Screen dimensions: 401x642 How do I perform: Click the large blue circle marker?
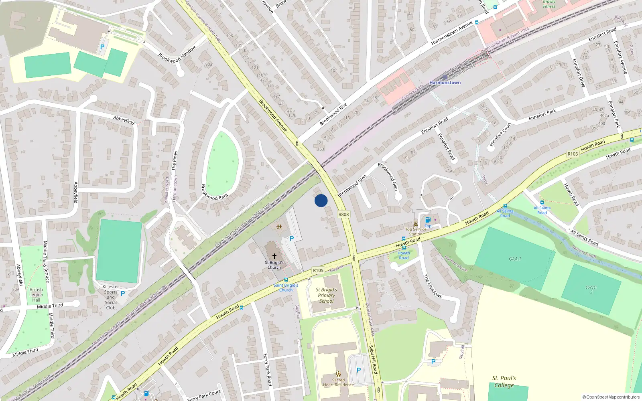[321, 200]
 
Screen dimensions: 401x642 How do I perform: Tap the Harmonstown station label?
[445, 83]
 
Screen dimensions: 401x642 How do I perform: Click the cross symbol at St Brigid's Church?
[274, 256]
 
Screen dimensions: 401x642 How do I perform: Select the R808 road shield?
[343, 214]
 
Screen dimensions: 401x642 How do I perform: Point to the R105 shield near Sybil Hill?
[318, 270]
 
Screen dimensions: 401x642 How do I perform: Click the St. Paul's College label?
[504, 382]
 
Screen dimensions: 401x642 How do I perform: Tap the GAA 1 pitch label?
[515, 259]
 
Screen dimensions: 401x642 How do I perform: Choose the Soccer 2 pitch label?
[591, 290]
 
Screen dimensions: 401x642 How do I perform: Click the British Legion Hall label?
[36, 295]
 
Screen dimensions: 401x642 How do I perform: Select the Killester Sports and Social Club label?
[111, 297]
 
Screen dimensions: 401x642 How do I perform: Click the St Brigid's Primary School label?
[326, 295]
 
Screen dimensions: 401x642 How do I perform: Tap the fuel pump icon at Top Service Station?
[428, 220]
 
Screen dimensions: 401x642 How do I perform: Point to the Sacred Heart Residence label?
[338, 382]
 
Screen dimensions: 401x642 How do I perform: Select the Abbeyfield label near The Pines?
[124, 119]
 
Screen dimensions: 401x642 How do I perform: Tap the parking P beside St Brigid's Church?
[292, 239]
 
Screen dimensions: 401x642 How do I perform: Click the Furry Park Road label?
[268, 369]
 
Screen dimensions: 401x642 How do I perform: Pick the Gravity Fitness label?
[549, 4]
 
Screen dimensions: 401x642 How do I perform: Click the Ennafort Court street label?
[500, 134]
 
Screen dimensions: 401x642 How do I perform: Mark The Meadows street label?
[433, 286]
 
